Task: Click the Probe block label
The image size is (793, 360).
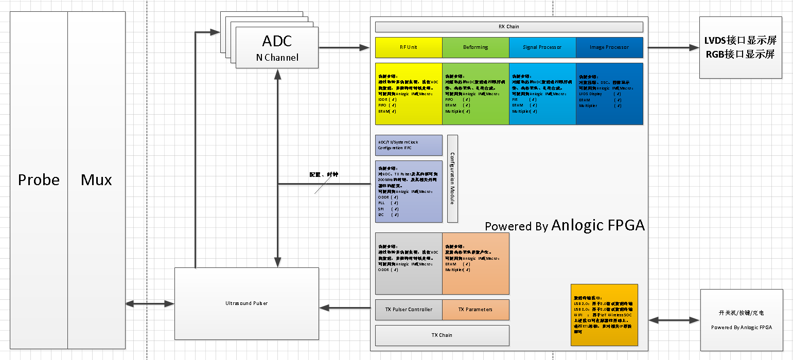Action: click(39, 180)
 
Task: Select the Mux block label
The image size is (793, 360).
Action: click(96, 180)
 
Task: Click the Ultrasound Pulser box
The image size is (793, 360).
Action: click(246, 303)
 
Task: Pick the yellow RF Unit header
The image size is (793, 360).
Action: click(409, 47)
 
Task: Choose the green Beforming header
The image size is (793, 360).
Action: click(475, 47)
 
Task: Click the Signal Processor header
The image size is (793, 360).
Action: click(542, 47)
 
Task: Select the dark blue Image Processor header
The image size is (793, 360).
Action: click(609, 47)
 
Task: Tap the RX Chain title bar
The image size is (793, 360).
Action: click(509, 27)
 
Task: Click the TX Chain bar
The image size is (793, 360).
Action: click(442, 335)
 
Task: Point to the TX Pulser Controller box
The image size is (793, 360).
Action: click(409, 310)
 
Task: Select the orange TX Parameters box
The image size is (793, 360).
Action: click(475, 310)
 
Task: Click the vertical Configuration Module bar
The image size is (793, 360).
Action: click(452, 178)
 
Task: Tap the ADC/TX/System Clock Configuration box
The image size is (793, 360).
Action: click(409, 145)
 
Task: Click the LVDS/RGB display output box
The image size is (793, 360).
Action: click(741, 48)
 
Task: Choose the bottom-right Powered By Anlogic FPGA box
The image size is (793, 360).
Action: click(742, 320)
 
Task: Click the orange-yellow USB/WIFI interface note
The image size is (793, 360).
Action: click(604, 315)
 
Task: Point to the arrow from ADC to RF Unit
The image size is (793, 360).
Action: click(344, 48)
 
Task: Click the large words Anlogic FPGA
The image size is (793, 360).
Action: click(597, 225)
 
